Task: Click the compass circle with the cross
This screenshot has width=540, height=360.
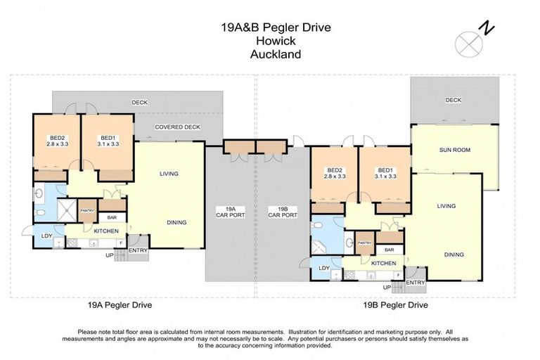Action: [467, 44]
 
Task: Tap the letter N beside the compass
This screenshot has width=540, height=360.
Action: [485, 27]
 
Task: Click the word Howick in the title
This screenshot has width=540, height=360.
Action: [270, 41]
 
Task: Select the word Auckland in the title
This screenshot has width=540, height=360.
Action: [270, 53]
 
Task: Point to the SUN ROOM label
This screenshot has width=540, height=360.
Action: [454, 150]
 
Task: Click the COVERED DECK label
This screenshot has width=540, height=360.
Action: [177, 127]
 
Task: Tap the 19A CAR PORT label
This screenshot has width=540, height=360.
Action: [231, 212]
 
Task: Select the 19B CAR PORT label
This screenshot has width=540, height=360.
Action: [283, 212]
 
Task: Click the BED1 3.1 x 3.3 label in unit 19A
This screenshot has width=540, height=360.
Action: [108, 141]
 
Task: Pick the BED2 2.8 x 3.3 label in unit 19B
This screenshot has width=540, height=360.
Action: [335, 173]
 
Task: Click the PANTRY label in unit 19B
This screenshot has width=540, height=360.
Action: [364, 243]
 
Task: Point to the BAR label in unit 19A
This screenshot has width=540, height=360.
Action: [112, 218]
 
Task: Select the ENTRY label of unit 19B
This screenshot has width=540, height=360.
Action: [416, 283]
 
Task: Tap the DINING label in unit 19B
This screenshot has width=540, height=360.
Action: [454, 255]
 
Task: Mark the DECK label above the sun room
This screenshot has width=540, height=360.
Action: [454, 100]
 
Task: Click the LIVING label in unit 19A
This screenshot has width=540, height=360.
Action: [169, 174]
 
